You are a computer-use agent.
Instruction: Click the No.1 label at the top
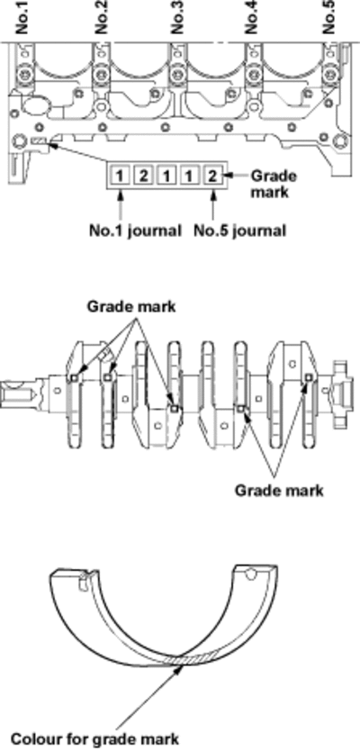23,17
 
